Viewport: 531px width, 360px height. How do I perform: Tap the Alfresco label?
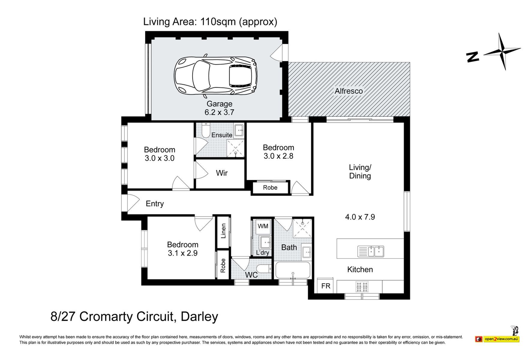tap(349, 91)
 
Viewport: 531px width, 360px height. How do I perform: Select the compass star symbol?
tap(502, 52)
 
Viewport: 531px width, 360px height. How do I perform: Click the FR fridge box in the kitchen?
tap(326, 286)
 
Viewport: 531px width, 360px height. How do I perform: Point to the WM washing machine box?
tap(263, 226)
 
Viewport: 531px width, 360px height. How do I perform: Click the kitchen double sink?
tap(371, 251)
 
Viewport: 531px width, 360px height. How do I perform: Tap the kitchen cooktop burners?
tap(362, 286)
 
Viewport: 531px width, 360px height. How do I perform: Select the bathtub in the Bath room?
tap(292, 270)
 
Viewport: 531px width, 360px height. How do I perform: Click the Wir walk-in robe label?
tap(222, 173)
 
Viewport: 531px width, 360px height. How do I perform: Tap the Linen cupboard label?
tap(223, 231)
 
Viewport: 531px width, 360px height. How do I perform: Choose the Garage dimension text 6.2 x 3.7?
tap(219, 112)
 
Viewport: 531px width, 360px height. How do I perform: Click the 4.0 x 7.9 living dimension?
tap(360, 217)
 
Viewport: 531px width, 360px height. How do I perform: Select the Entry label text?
tap(155, 204)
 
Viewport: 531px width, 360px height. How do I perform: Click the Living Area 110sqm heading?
tap(210, 22)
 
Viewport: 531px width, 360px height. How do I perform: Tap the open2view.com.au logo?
tap(497, 339)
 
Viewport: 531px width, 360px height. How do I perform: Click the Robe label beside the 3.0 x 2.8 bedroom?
tap(270, 187)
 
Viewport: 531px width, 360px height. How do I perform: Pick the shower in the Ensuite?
tap(235, 148)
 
